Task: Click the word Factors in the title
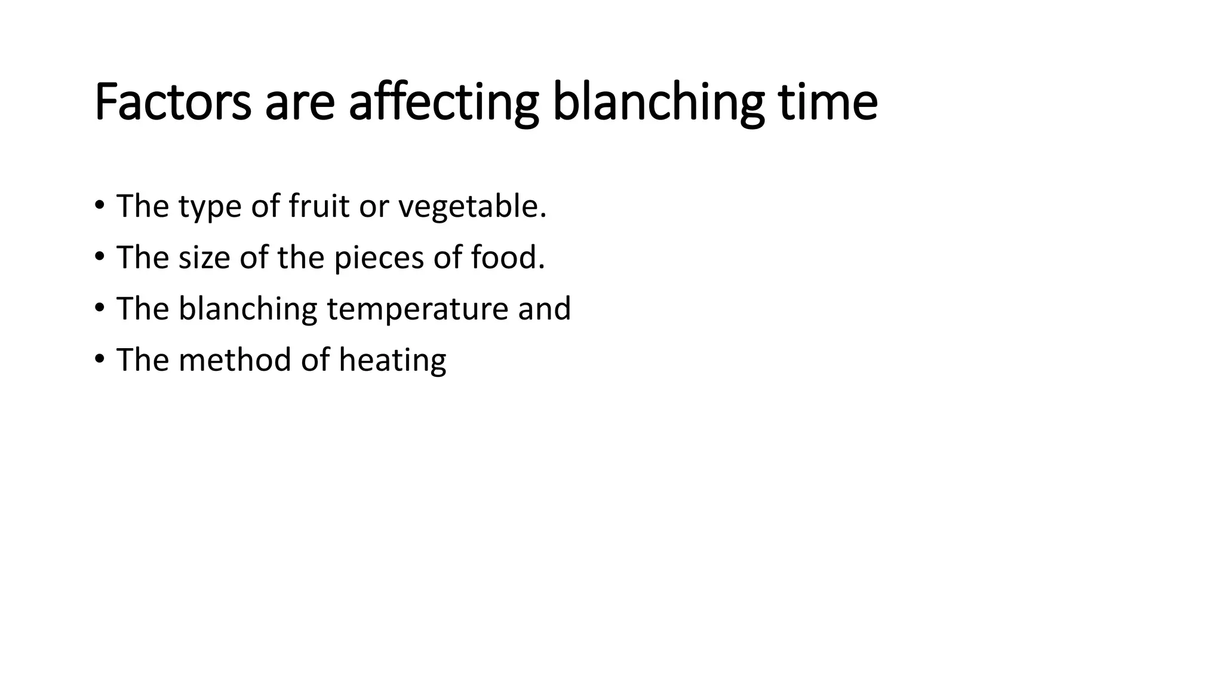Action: click(x=173, y=102)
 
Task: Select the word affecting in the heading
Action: click(x=443, y=102)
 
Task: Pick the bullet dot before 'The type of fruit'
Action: click(x=99, y=205)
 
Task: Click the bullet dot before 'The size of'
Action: click(x=99, y=257)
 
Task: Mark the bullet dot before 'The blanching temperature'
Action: click(x=99, y=308)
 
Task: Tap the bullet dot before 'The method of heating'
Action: click(x=99, y=360)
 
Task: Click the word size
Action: click(x=204, y=257)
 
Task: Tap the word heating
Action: click(x=392, y=361)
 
